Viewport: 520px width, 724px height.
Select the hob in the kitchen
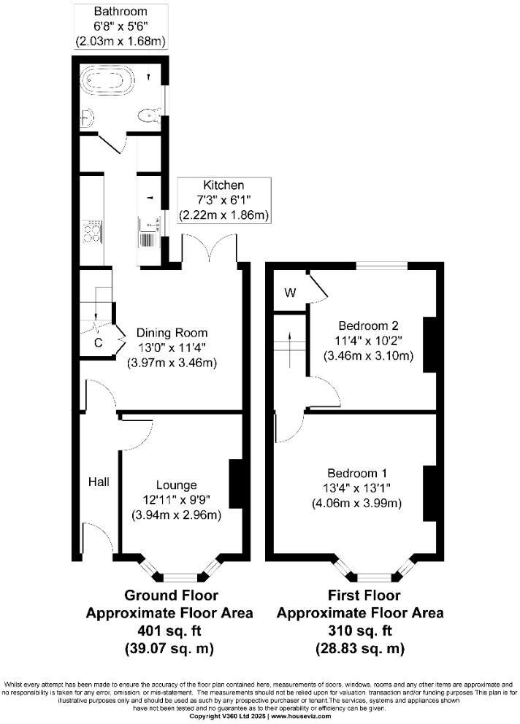93,233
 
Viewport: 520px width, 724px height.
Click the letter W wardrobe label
290,293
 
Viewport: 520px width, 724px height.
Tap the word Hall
99,482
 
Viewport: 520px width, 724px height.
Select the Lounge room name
176,485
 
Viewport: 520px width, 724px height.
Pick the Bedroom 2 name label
368,325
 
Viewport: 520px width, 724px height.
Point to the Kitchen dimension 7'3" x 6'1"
224,201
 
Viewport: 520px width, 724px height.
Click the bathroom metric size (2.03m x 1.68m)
121,41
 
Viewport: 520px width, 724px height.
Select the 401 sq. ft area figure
170,630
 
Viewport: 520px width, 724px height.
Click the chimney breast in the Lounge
236,483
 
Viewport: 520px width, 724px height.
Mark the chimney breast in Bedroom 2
429,344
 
